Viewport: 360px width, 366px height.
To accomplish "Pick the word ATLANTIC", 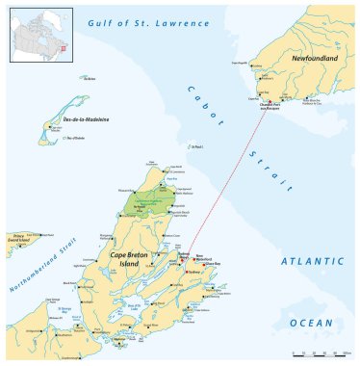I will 312,261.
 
